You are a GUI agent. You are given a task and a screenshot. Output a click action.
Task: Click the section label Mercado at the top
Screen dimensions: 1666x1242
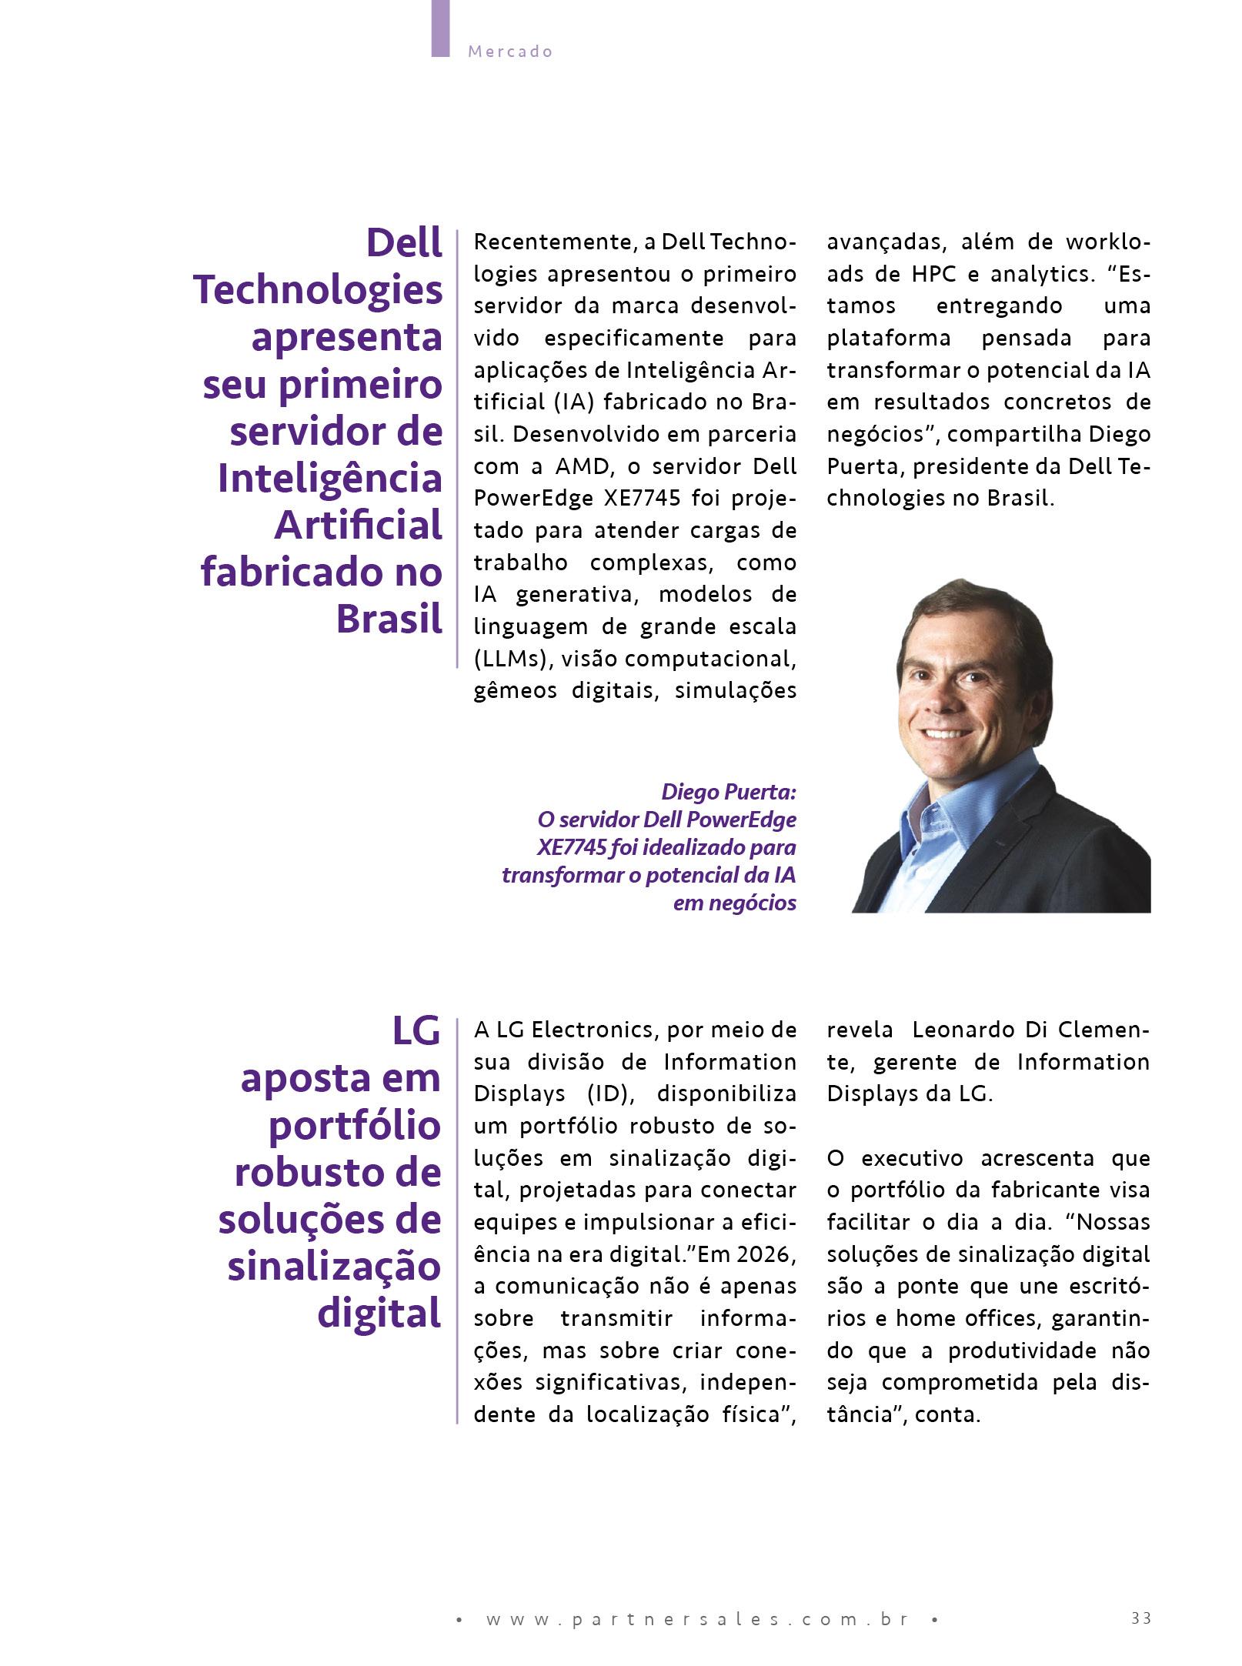pyautogui.click(x=510, y=52)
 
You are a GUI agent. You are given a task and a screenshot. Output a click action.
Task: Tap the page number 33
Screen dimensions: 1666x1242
pyautogui.click(x=1141, y=1597)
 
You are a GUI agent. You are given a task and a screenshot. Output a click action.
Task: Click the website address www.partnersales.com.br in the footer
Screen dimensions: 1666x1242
pyautogui.click(x=698, y=1598)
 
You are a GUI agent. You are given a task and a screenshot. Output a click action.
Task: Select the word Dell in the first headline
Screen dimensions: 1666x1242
pyautogui.click(x=405, y=243)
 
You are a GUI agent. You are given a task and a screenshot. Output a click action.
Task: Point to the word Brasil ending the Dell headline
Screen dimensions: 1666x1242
pyautogui.click(x=389, y=619)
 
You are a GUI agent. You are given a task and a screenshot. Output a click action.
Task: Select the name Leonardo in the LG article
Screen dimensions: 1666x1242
pyautogui.click(x=959, y=1030)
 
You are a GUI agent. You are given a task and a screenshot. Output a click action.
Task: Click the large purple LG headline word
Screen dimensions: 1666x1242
pyautogui.click(x=416, y=1031)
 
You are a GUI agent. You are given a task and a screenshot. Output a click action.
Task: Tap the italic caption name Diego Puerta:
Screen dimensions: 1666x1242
pyautogui.click(x=729, y=791)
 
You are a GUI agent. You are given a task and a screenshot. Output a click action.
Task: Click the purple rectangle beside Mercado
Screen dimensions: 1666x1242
pyautogui.click(x=440, y=28)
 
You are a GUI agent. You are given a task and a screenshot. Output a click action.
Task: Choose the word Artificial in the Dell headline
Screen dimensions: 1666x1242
pyautogui.click(x=359, y=526)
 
